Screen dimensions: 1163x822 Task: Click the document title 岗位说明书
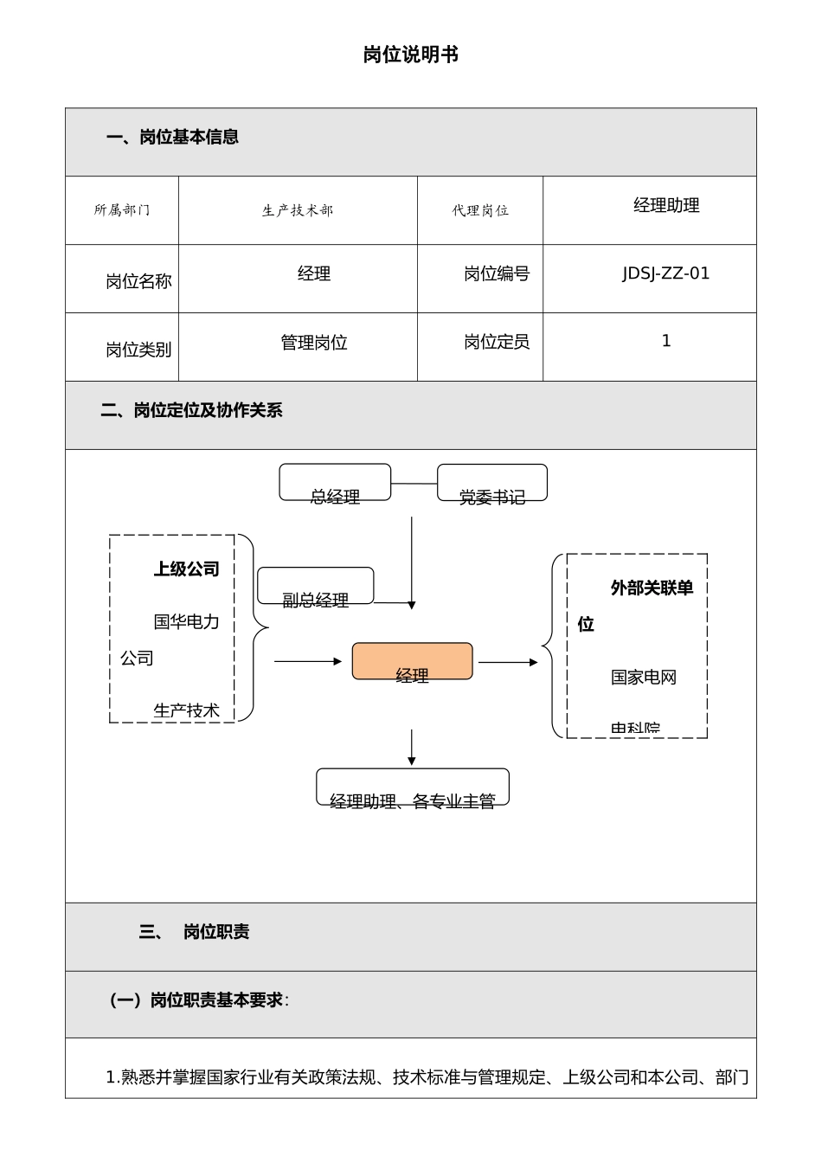pos(410,55)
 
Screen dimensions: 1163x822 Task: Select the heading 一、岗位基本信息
pos(172,137)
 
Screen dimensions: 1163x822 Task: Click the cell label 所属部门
pos(122,210)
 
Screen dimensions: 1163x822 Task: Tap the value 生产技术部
pos(298,210)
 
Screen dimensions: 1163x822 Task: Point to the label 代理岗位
pos(480,210)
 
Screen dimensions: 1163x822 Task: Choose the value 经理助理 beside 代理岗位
pos(666,205)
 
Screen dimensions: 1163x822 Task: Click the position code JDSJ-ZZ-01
pos(665,273)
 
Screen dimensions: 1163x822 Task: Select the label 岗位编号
pos(497,273)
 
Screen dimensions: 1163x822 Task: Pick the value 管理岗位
pos(314,343)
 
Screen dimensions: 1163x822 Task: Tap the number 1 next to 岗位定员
pos(666,341)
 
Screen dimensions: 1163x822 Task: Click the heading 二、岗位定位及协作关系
pos(191,410)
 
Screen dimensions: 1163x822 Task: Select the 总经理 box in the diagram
pos(335,483)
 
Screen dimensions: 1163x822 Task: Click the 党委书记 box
pos(492,483)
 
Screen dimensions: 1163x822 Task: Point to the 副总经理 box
pos(316,586)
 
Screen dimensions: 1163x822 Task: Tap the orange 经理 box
pos(412,661)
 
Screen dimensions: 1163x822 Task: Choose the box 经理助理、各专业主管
pos(413,787)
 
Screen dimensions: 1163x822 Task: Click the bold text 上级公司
pos(186,569)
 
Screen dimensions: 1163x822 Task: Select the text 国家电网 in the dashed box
pos(644,678)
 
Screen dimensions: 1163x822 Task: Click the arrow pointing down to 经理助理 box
pos(412,748)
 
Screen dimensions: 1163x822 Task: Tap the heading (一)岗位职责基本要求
pos(200,1000)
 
